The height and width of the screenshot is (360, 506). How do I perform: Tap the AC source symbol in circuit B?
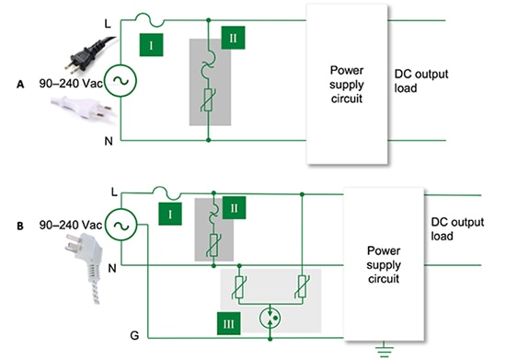point(120,224)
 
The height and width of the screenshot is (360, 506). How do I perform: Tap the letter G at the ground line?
point(108,337)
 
